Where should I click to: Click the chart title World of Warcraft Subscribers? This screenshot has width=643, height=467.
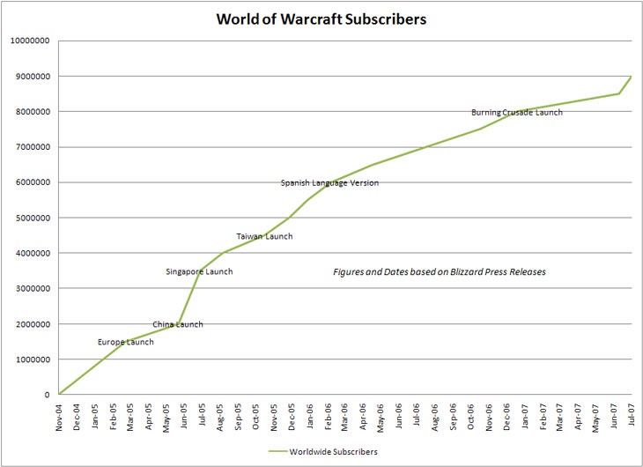coord(321,18)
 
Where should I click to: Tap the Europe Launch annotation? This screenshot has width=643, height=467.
coord(125,342)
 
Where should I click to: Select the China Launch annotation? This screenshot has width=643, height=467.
coord(177,324)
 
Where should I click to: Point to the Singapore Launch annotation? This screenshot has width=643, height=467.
coord(199,271)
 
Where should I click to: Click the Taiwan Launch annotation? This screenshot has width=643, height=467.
coord(264,236)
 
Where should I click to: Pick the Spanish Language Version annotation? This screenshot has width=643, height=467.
coord(329,183)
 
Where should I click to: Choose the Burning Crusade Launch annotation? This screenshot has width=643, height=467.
coord(516,112)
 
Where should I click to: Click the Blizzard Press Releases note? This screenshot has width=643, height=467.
coord(439,272)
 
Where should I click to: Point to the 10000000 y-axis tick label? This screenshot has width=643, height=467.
coord(29,41)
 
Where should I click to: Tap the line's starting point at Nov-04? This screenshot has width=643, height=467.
coord(59,394)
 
